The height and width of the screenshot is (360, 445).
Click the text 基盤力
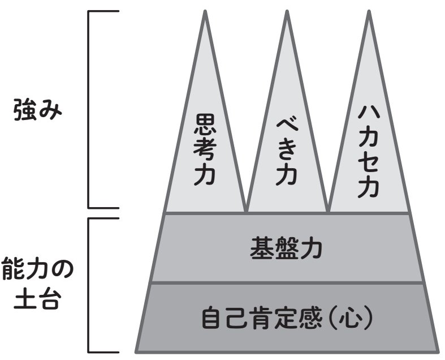(x=287, y=247)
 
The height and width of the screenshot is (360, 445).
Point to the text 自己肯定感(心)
(x=287, y=318)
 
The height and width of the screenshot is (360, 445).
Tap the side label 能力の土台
(x=37, y=282)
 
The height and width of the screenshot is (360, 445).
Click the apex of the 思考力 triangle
(x=205, y=12)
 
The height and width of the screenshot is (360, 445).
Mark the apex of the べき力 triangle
(x=287, y=12)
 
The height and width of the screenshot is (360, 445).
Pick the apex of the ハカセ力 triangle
(x=369, y=12)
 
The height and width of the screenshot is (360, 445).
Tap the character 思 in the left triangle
(x=205, y=124)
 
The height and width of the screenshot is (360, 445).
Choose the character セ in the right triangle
(x=369, y=162)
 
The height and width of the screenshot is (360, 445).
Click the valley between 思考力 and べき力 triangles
(x=246, y=211)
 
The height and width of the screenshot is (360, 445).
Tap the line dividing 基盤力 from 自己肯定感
(x=287, y=282)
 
